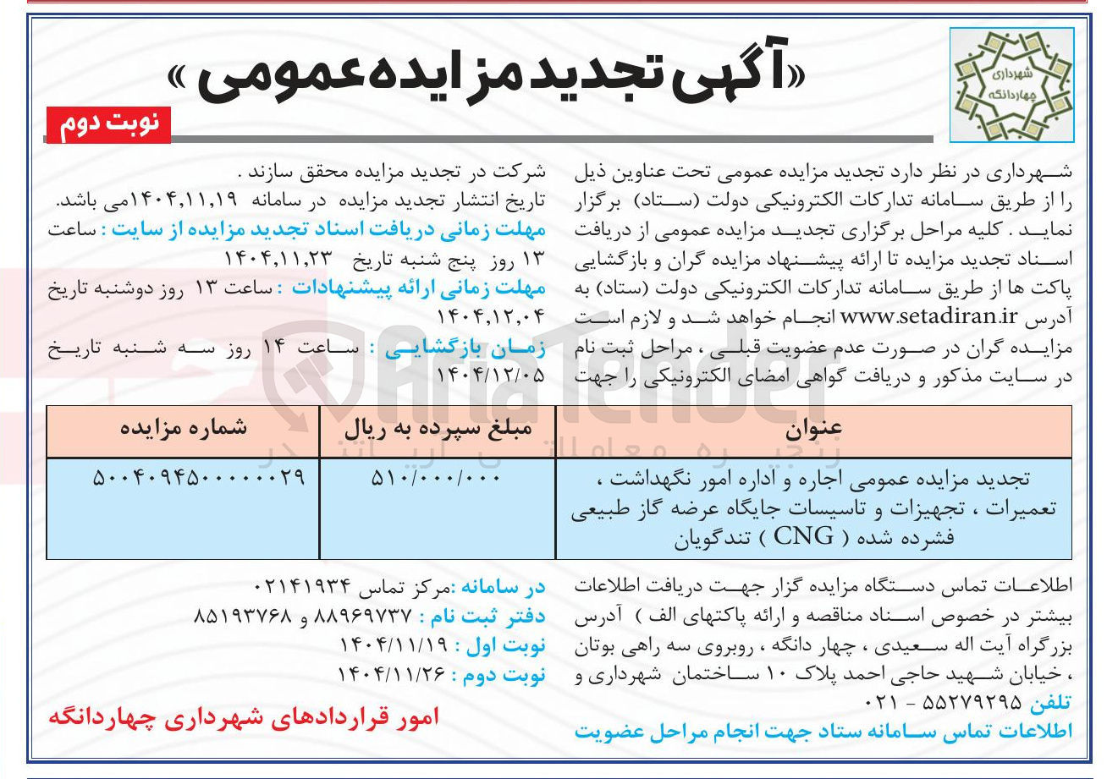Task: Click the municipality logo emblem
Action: click(1011, 85)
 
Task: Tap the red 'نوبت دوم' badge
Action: click(107, 125)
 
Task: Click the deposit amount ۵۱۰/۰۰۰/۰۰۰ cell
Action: click(436, 479)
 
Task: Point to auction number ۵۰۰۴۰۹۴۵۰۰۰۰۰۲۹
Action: click(198, 479)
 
